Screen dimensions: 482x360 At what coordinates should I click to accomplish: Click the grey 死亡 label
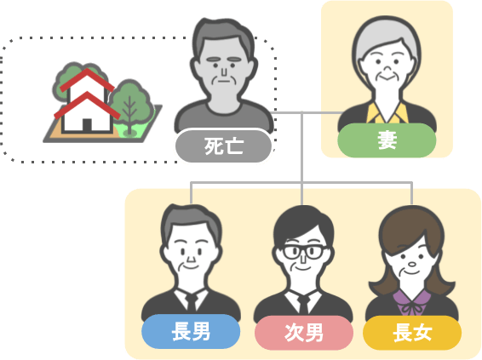coord(223,146)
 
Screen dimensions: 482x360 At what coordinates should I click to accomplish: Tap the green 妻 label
coord(387,140)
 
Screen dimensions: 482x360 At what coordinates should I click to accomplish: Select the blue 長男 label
coord(191,331)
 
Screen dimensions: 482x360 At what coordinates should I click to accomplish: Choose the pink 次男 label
coord(304,333)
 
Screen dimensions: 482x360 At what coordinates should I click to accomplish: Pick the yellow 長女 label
coord(412,333)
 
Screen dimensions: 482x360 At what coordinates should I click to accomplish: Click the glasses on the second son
coord(304,252)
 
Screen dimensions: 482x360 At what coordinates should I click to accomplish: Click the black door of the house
coord(87,125)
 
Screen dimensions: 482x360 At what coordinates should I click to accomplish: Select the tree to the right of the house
coord(130,107)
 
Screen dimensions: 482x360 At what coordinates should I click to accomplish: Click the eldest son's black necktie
coord(191,302)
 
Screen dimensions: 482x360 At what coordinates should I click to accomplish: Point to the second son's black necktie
coord(304,304)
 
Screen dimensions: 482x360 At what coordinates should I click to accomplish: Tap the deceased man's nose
coord(224,71)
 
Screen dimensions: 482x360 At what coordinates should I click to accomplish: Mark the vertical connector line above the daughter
coord(411,193)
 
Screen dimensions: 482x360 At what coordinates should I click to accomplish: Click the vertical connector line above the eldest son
coord(191,193)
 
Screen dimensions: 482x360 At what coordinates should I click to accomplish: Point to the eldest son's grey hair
coord(192,220)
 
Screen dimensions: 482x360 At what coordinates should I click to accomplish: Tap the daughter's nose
coord(411,264)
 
